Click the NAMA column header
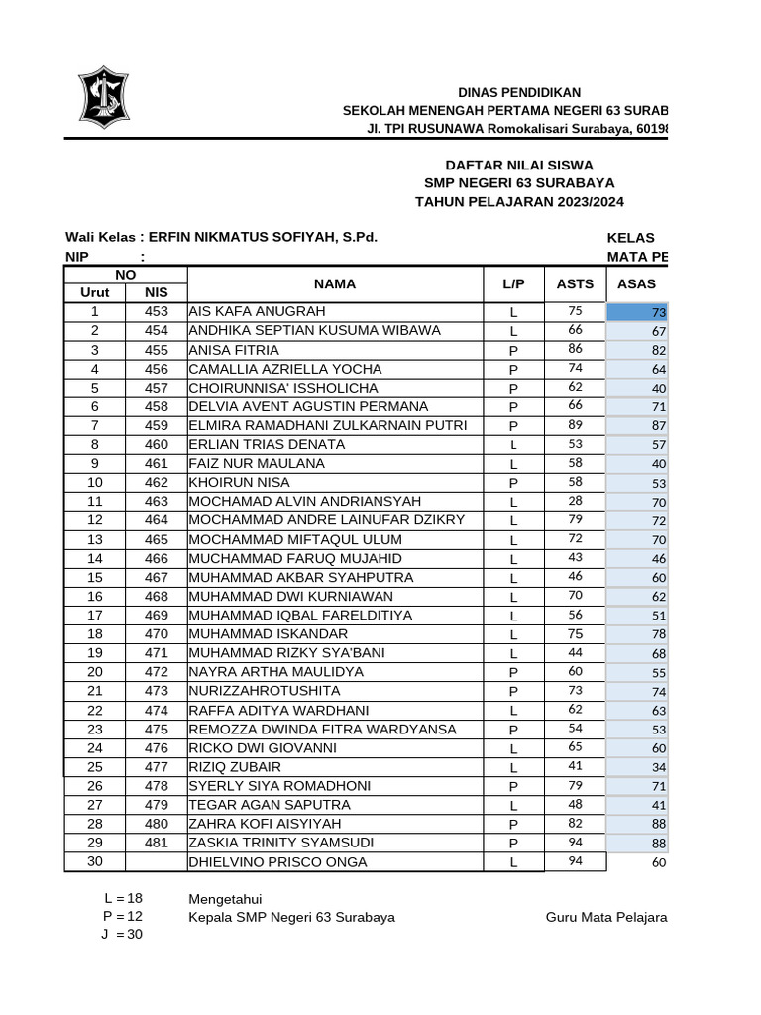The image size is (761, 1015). (x=334, y=283)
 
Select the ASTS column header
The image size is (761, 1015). (x=575, y=283)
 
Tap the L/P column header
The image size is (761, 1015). (x=513, y=283)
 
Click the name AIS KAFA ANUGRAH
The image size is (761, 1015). (x=257, y=312)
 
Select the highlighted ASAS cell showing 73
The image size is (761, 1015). (x=638, y=313)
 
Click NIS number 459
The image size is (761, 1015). (x=156, y=425)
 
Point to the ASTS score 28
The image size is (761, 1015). (x=575, y=501)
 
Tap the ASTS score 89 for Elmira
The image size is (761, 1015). (x=575, y=425)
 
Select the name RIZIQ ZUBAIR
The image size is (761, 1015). (x=235, y=767)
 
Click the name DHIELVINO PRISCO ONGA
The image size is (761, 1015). (x=277, y=862)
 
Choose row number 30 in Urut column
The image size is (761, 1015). (x=95, y=861)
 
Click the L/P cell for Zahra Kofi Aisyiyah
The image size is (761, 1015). (x=513, y=825)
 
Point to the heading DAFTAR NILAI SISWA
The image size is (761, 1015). (x=519, y=166)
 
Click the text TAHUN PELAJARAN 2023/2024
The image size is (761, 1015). (x=519, y=202)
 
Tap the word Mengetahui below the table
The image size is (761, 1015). (x=225, y=899)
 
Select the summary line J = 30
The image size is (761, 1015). (x=122, y=935)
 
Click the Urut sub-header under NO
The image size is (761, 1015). (x=95, y=292)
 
